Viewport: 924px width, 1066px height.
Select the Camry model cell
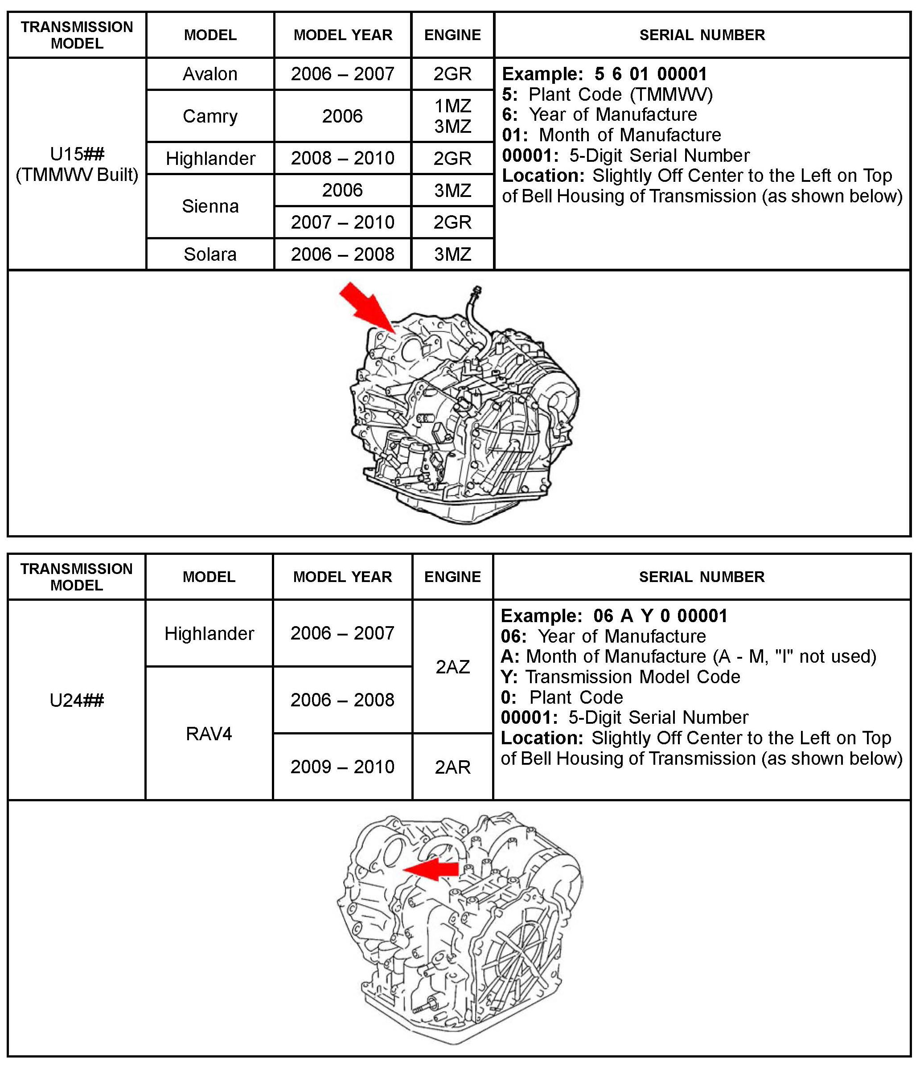pos(210,116)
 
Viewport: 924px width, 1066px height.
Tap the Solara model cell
pos(210,254)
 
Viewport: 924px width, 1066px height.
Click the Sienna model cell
pos(210,206)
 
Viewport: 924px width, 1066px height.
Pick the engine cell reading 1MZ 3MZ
pos(452,116)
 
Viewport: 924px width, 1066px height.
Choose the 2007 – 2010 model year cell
pos(342,222)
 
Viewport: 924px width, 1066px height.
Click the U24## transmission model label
pos(77,700)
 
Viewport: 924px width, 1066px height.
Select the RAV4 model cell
pos(209,733)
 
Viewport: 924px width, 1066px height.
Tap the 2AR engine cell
pos(452,767)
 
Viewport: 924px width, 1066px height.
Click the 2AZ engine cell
pos(452,667)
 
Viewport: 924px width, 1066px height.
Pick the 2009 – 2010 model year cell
pos(342,767)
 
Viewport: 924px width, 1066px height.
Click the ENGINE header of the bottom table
pos(452,577)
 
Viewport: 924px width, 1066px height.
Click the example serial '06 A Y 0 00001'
pos(660,616)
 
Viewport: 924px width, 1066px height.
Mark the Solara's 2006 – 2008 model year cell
pos(342,254)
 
